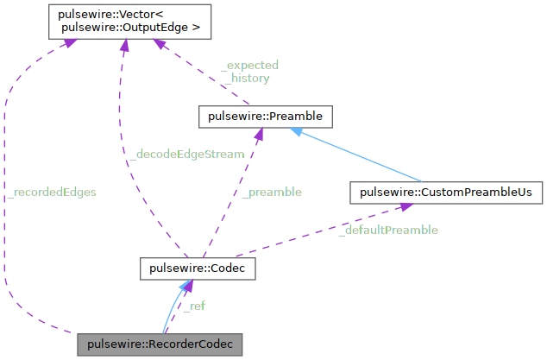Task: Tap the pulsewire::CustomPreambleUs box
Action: coord(445,192)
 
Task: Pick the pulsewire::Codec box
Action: coord(198,269)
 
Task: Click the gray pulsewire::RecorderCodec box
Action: coord(160,344)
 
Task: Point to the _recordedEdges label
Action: coord(51,192)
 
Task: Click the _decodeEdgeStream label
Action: coord(185,154)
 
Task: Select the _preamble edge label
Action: coord(272,192)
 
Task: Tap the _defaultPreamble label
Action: coord(387,230)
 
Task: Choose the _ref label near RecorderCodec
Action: coord(193,306)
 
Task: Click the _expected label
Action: coord(250,65)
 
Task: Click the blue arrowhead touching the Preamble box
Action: coord(295,131)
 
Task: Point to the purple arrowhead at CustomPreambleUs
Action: coord(402,207)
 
